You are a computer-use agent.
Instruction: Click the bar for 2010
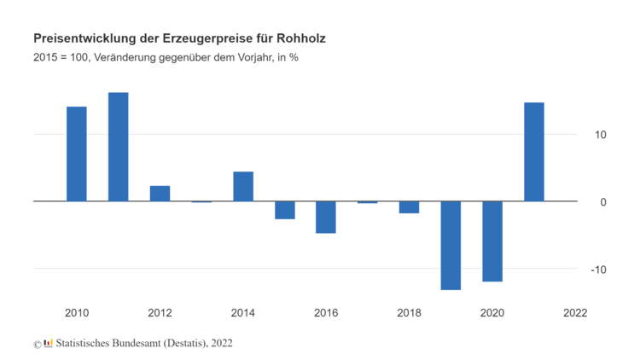[x=77, y=154]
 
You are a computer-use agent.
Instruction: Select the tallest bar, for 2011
[x=119, y=147]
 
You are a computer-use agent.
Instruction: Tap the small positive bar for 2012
[x=160, y=194]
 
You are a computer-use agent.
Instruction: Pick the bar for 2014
[x=243, y=187]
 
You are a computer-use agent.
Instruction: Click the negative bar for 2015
[x=285, y=210]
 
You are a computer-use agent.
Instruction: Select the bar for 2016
[x=326, y=217]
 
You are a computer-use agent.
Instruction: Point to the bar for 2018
[x=410, y=207]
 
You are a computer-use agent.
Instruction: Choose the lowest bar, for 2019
[x=451, y=246]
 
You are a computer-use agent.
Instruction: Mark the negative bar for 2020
[x=492, y=241]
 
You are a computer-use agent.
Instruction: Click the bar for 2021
[x=534, y=152]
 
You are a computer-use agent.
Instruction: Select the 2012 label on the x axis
[x=160, y=313]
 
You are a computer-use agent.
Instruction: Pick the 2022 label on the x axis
[x=575, y=313]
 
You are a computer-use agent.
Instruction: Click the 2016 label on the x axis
[x=326, y=313]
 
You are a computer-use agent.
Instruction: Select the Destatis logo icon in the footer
[x=49, y=343]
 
